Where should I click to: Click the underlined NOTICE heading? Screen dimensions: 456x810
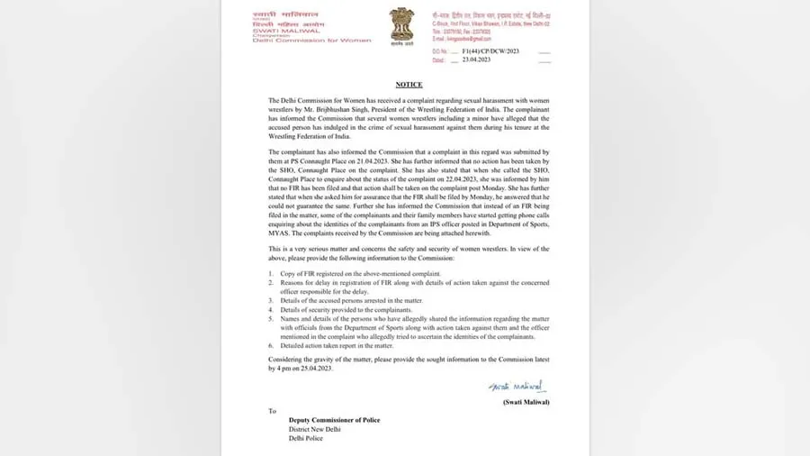[409, 85]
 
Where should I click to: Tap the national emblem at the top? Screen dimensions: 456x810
[401, 24]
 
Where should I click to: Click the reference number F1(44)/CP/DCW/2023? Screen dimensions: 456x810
[490, 51]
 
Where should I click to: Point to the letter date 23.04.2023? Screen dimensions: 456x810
[477, 60]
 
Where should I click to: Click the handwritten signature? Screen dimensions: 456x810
[517, 387]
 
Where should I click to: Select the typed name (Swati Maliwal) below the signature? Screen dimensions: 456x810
[526, 402]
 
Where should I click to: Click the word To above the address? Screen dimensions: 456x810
[272, 410]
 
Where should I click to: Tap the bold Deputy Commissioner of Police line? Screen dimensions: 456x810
[334, 420]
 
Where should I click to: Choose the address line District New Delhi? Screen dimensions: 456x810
[314, 429]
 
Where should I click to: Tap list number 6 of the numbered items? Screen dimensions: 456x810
[271, 345]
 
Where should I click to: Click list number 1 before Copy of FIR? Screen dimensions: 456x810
[271, 273]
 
